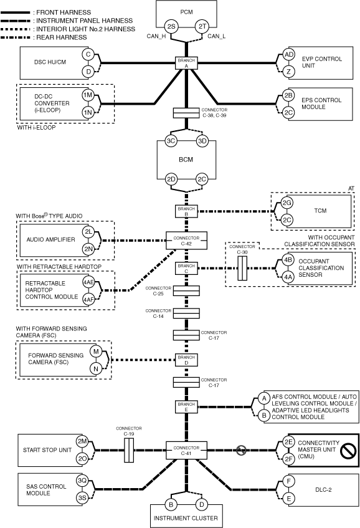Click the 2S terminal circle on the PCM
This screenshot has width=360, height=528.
[x=171, y=26]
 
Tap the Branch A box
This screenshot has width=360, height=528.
[x=186, y=63]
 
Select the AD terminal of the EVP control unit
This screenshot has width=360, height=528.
[x=288, y=55]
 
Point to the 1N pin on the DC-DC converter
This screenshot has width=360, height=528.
[x=88, y=112]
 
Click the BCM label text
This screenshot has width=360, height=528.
[x=186, y=160]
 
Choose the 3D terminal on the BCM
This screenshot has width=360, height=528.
[x=202, y=141]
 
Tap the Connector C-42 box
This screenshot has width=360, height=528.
[x=186, y=241]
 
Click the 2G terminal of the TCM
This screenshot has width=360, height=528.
[x=287, y=203]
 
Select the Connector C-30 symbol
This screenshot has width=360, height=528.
[x=242, y=268]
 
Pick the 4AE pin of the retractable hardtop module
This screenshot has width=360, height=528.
[x=89, y=282]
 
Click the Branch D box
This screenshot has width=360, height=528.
[x=186, y=360]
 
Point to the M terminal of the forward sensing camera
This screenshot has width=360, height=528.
[x=96, y=352]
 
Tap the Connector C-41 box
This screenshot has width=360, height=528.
[x=186, y=450]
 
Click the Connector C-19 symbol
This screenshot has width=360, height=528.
[x=129, y=450]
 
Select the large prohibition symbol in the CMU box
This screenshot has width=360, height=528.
[x=348, y=450]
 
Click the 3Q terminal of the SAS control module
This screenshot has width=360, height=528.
[x=82, y=481]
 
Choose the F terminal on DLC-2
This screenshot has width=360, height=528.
[x=288, y=481]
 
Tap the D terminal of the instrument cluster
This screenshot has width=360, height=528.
[x=202, y=504]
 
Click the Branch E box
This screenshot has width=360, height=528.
[x=186, y=407]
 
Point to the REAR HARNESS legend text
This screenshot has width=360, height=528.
[x=62, y=37]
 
